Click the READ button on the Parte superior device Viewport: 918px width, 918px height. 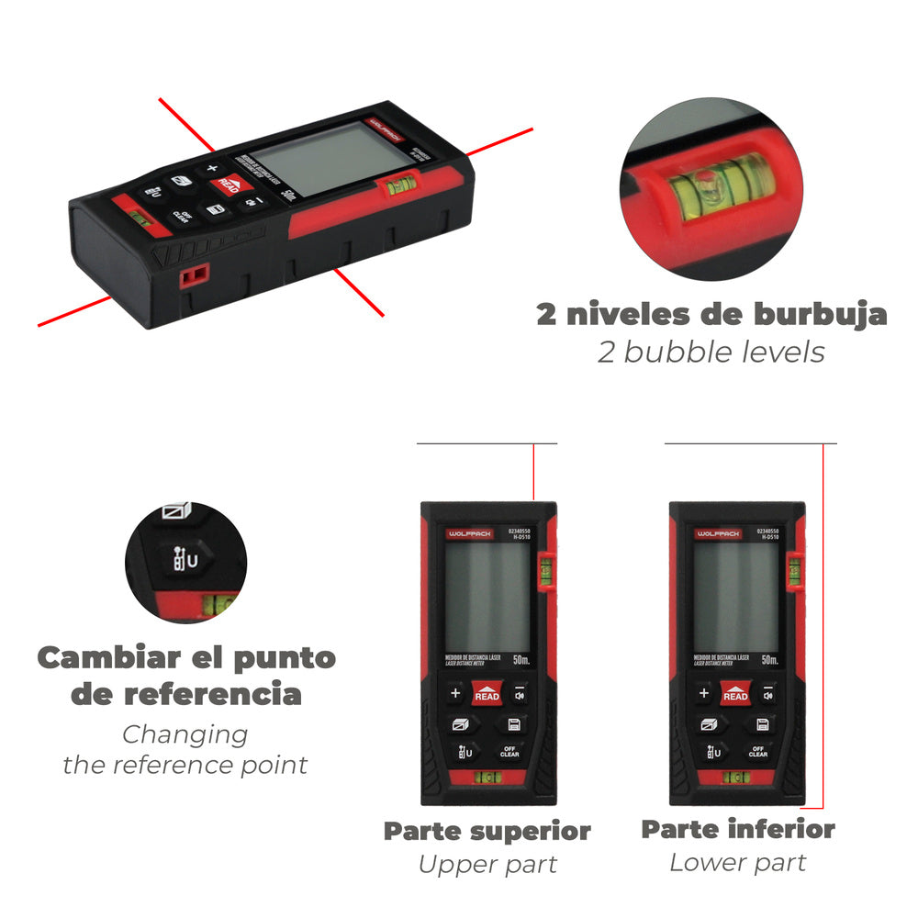tap(487, 695)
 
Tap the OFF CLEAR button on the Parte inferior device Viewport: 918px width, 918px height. tap(758, 752)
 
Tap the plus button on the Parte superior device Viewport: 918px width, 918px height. tap(455, 694)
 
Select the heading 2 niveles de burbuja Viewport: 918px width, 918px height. tap(711, 314)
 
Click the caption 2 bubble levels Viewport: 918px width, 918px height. tap(711, 352)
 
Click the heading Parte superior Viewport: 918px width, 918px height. tap(487, 832)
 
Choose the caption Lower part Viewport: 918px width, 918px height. tap(737, 863)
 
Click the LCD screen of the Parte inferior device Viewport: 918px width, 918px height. tap(735, 597)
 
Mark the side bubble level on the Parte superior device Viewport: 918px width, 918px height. tap(544, 572)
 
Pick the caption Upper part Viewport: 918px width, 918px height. tap(487, 865)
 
